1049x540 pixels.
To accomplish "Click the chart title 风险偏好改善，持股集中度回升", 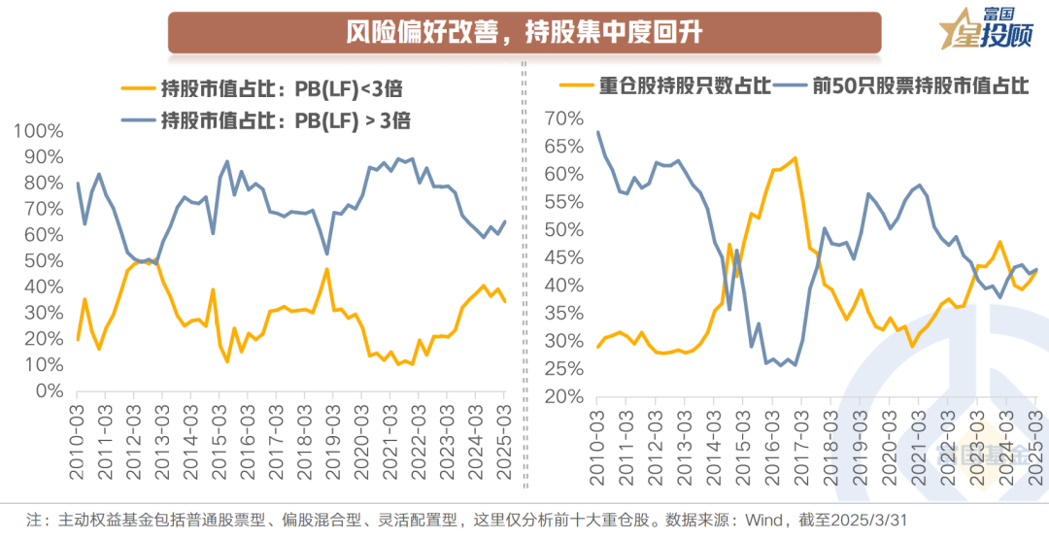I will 524,32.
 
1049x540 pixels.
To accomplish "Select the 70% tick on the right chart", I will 564,118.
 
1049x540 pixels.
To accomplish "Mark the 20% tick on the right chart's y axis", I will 564,397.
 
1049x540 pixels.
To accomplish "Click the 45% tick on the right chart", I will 564,258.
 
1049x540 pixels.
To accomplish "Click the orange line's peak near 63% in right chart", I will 795,157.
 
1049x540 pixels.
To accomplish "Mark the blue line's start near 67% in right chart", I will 597,132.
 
